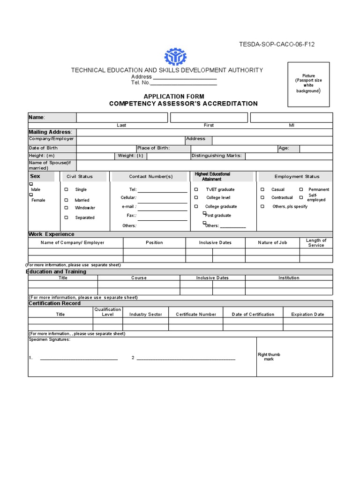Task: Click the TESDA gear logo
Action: (175, 57)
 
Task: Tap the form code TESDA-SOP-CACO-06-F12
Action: (277, 45)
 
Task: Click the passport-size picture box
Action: (308, 84)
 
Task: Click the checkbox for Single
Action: (66, 189)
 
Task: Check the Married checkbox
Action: (66, 200)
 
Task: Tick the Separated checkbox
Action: (66, 217)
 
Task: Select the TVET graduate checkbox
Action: (196, 189)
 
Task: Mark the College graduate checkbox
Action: (196, 206)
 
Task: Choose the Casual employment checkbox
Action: (262, 189)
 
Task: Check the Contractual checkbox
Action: (262, 197)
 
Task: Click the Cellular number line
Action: (162, 199)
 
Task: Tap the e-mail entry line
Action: (162, 208)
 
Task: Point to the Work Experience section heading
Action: (51, 234)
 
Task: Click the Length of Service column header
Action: (316, 243)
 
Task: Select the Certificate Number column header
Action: (196, 315)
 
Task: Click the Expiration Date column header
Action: (307, 315)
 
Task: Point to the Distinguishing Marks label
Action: (217, 156)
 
